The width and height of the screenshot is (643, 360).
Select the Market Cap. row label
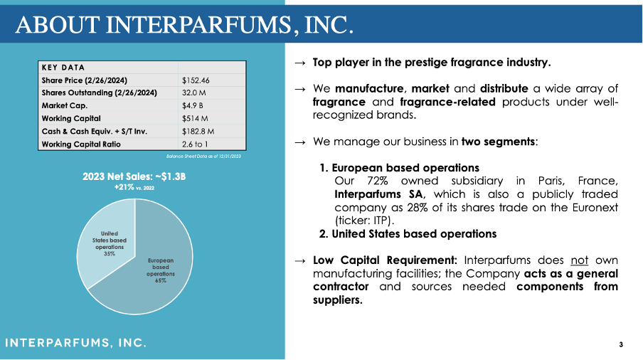point(64,105)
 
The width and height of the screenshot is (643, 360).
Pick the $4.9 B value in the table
point(192,105)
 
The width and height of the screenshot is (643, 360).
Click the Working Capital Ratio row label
point(81,144)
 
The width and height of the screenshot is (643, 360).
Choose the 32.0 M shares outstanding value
point(194,92)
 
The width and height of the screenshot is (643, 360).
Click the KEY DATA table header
point(63,68)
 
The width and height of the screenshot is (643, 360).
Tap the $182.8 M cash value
point(198,131)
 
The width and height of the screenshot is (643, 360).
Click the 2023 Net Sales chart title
point(134,176)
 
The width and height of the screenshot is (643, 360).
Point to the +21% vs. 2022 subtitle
point(134,188)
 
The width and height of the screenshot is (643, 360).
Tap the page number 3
point(621,345)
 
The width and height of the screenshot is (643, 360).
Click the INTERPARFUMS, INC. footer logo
point(76,344)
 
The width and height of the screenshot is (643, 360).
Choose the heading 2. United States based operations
point(408,233)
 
